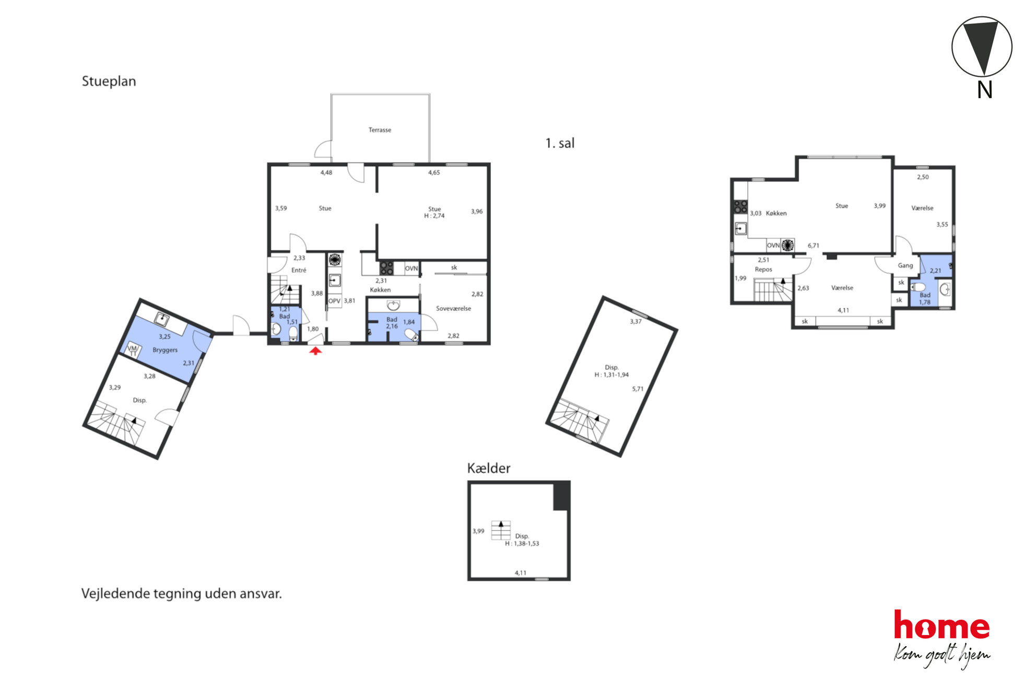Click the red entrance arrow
[x=315, y=351]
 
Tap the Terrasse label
[x=380, y=130]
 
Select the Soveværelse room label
[x=453, y=308]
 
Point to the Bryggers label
[x=165, y=350]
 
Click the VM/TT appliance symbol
[x=134, y=350]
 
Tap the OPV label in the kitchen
[x=334, y=301]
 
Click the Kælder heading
[x=488, y=468]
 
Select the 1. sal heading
[x=560, y=143]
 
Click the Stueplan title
[x=109, y=81]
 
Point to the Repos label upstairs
[x=763, y=270]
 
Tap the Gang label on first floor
[x=905, y=265]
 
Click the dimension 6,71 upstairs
[x=813, y=245]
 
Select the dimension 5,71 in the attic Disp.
[x=638, y=389]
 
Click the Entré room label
[x=299, y=270]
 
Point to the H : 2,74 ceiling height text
[x=434, y=216]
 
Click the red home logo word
[x=941, y=625]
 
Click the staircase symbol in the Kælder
[x=501, y=530]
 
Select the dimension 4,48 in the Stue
[x=326, y=172]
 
